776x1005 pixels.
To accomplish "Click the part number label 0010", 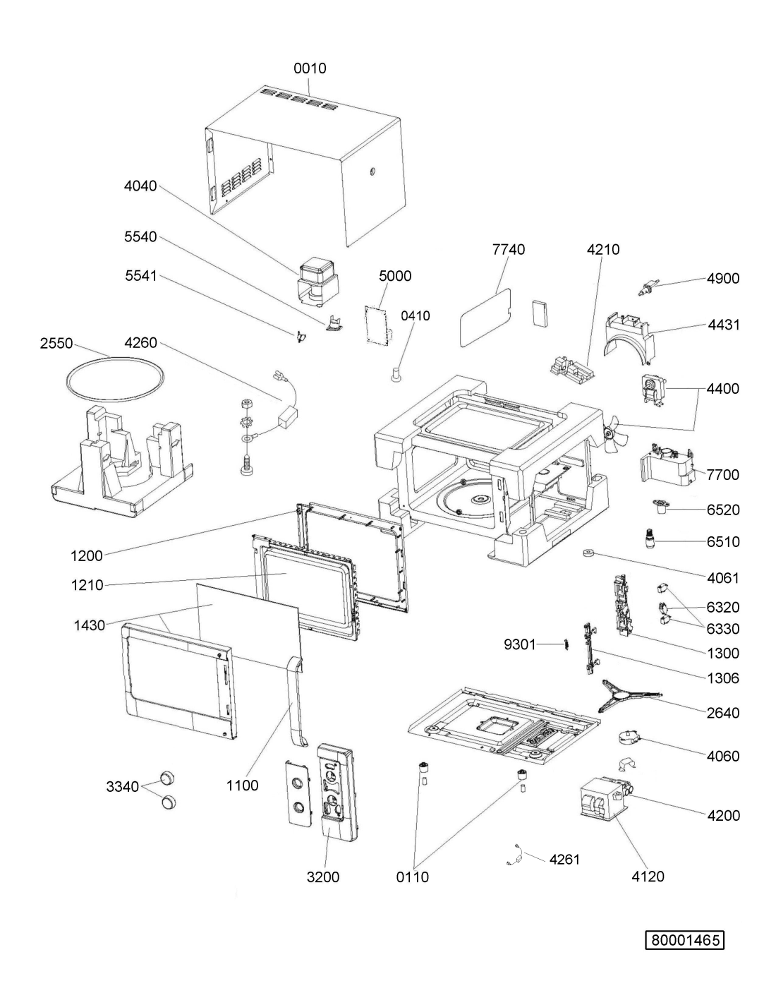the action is pyautogui.click(x=310, y=68).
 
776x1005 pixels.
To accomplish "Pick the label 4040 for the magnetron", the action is pyautogui.click(x=140, y=186).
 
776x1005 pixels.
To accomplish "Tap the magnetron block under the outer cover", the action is pyautogui.click(x=318, y=282).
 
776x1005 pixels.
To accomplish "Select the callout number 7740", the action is pyautogui.click(x=509, y=249).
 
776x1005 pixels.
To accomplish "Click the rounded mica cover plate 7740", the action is pyautogui.click(x=486, y=318).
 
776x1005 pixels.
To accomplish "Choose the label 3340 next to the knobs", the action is pyautogui.click(x=123, y=786).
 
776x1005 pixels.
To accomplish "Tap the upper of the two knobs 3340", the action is pyautogui.click(x=167, y=778).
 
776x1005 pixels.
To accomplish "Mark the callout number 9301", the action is pyautogui.click(x=520, y=644).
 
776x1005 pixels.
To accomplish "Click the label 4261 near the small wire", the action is pyautogui.click(x=564, y=860).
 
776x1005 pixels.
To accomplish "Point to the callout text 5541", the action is pyautogui.click(x=141, y=276).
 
